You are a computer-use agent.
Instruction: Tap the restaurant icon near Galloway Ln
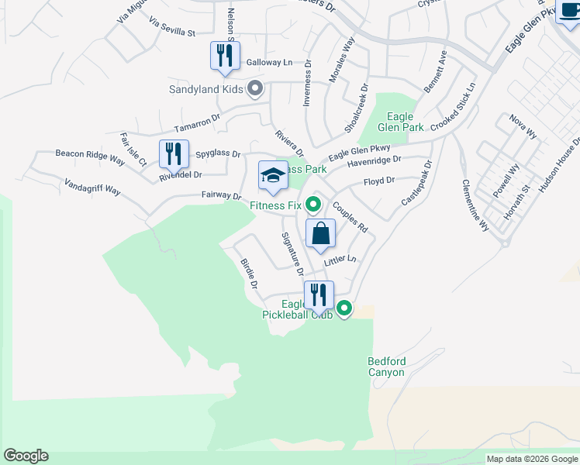coord(226,57)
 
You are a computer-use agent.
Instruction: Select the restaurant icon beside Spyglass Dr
coord(174,153)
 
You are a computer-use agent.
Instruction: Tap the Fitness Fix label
coord(275,205)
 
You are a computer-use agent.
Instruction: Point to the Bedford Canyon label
coord(386,367)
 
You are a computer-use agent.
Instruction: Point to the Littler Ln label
coord(340,261)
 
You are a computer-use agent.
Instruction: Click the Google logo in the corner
coord(26,456)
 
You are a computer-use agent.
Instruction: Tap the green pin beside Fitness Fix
coord(313,205)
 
